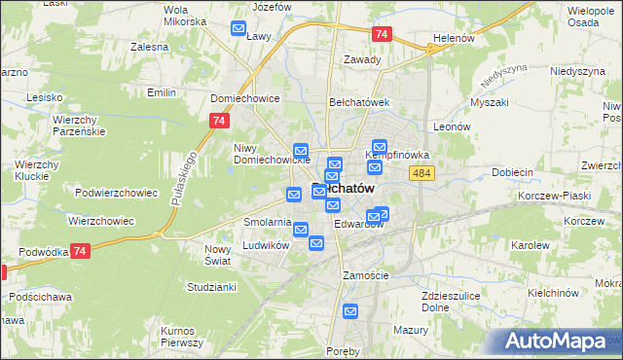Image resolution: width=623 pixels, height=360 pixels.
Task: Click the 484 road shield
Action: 421,172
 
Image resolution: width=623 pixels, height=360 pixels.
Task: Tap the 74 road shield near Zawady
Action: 381,34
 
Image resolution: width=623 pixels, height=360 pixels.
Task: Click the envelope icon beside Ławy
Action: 238,29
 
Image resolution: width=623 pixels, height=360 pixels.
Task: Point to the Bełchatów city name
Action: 343,189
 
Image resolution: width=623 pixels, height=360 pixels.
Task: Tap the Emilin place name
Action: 161,92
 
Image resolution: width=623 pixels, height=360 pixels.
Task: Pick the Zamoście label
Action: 366,275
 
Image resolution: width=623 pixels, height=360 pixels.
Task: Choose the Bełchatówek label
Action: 358,101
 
